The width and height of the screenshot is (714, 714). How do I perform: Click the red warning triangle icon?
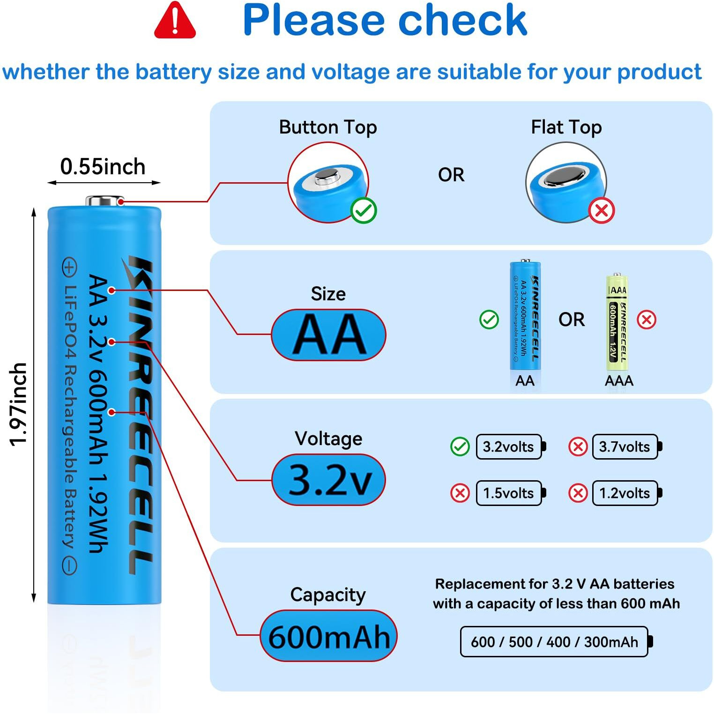(175, 21)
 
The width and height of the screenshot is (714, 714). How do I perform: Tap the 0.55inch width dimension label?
(103, 167)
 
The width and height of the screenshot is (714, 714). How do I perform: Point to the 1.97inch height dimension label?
(19, 404)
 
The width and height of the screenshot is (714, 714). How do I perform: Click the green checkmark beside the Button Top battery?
(364, 210)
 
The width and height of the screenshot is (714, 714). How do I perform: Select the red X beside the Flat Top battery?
(602, 210)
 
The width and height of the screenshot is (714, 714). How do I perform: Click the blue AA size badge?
(328, 335)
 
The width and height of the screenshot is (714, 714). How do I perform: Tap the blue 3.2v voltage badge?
(328, 480)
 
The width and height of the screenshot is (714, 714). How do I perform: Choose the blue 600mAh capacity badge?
(328, 636)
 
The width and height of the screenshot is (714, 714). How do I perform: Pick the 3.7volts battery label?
(625, 446)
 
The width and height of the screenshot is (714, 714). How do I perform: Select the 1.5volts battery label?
(509, 493)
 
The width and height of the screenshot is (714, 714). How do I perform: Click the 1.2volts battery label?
(625, 493)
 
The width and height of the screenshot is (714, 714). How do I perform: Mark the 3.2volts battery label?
(509, 446)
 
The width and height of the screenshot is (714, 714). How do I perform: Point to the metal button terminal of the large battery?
(104, 201)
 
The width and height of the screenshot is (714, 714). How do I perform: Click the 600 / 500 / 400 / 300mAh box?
(554, 641)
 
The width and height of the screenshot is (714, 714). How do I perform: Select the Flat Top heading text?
(566, 127)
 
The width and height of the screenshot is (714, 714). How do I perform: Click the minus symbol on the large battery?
(69, 566)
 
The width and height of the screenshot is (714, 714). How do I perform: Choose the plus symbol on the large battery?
(69, 268)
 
